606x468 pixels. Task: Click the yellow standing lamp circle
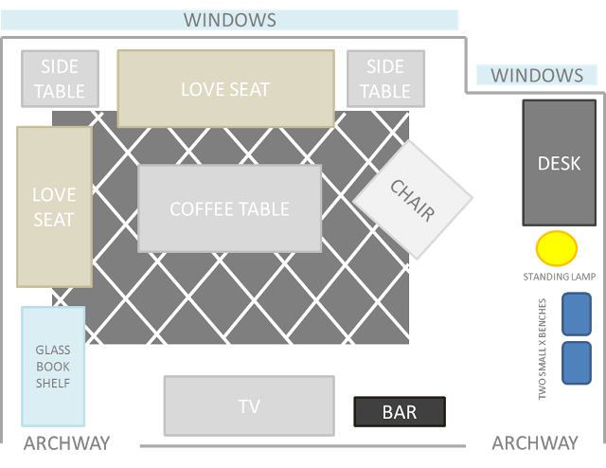point(556,248)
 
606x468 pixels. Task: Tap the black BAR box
point(400,412)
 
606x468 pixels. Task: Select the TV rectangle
point(249,406)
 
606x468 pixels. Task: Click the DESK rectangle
point(559,163)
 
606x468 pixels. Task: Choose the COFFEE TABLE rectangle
point(229,208)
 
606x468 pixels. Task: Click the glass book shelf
point(53,366)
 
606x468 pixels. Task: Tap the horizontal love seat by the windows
point(225,89)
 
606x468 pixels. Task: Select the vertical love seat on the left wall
point(54,207)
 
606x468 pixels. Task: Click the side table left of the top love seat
point(61,79)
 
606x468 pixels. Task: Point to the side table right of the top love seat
point(385,79)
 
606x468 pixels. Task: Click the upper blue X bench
point(577,314)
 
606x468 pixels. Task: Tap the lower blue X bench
point(577,363)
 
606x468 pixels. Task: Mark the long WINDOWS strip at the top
point(230,20)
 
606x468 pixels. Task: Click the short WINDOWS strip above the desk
point(537,76)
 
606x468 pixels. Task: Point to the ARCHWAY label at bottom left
point(66,442)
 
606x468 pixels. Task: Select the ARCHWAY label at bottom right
point(535,442)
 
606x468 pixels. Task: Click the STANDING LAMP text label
point(559,278)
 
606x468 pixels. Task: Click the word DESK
point(559,164)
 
